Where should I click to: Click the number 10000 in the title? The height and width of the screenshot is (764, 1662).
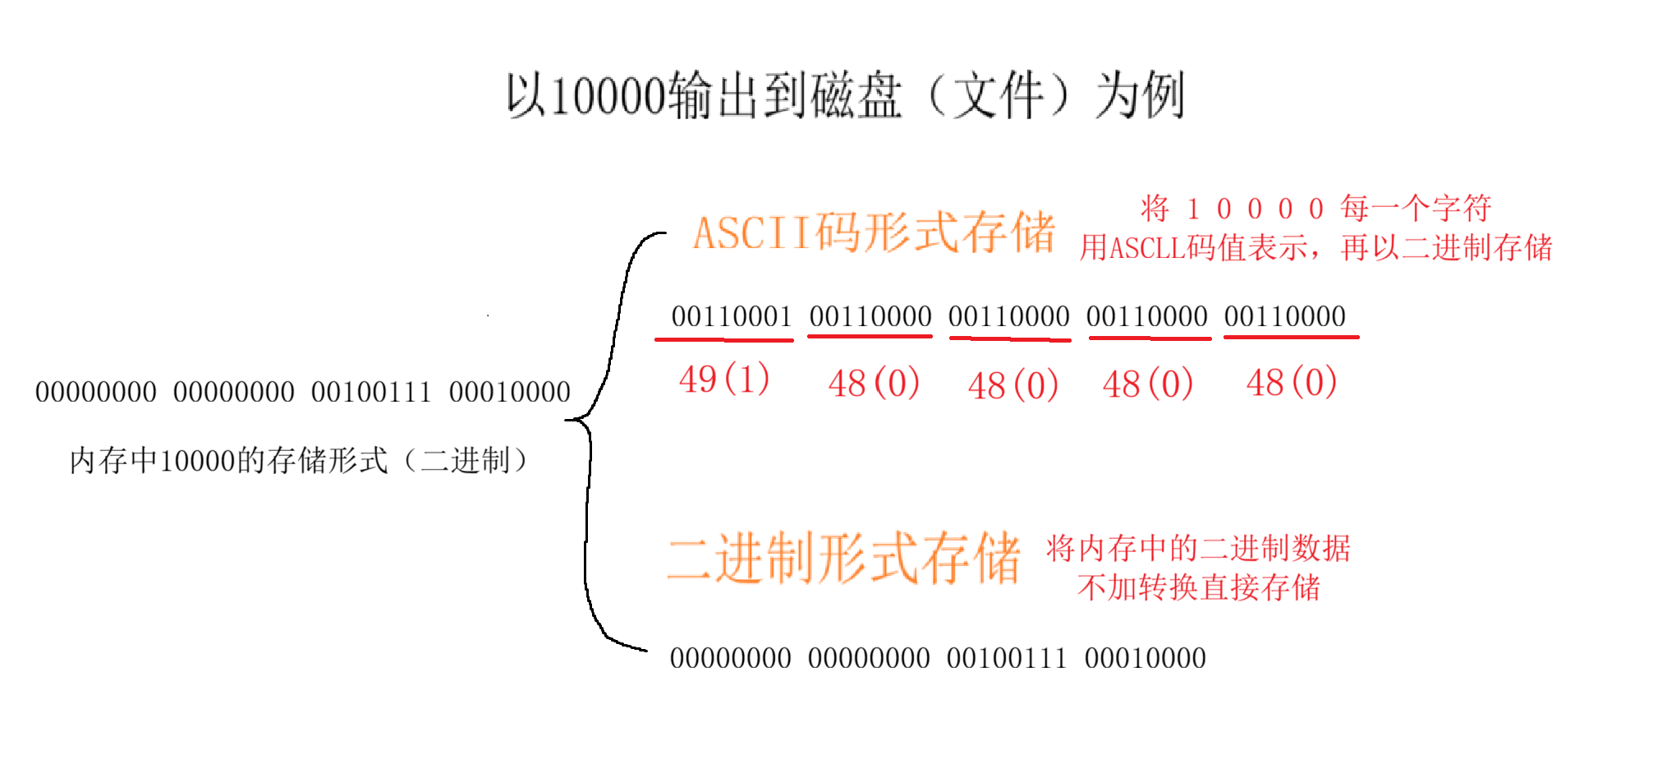(607, 96)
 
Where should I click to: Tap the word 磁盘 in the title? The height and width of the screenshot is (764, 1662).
(856, 96)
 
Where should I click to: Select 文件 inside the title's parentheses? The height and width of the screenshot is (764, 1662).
(998, 96)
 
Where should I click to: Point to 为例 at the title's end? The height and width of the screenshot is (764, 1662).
(1141, 96)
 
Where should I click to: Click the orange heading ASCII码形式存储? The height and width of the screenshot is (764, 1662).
(874, 232)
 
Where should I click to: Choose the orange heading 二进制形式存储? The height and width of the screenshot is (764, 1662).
(843, 559)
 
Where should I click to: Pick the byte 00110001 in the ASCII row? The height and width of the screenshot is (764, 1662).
(731, 316)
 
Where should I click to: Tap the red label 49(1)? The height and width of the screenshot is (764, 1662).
(724, 380)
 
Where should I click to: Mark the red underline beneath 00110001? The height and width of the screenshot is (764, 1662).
(724, 338)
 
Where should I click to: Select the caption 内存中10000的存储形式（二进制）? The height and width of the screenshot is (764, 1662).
(299, 460)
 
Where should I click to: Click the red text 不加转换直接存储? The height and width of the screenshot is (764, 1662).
(1198, 587)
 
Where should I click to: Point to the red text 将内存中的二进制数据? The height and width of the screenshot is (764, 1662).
(1198, 548)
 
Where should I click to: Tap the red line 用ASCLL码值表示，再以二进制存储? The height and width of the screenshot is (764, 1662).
(1315, 247)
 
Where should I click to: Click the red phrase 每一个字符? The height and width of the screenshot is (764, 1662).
(1416, 208)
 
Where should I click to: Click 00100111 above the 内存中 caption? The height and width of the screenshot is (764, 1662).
(371, 392)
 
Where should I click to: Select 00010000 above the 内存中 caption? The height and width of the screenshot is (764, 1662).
(509, 392)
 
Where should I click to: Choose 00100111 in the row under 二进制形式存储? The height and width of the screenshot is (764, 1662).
(1007, 658)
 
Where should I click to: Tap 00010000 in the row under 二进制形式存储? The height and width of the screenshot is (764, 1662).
(1145, 658)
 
